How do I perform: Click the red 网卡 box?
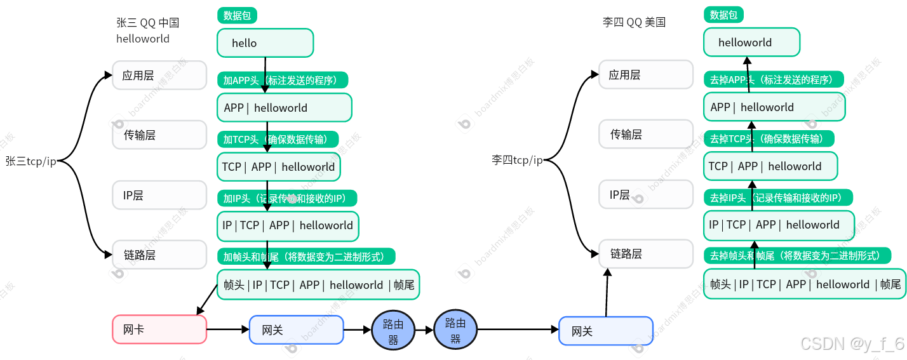pyautogui.click(x=159, y=330)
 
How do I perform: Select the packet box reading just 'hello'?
pyautogui.click(x=265, y=43)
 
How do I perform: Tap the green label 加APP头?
pyautogui.click(x=285, y=80)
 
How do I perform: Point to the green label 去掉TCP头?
pyautogui.click(x=768, y=138)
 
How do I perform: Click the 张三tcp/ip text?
pyautogui.click(x=31, y=161)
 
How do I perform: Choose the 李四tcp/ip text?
pyautogui.click(x=517, y=160)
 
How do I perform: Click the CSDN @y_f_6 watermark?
pyautogui.click(x=850, y=343)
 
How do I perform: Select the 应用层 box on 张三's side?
pyautogui.click(x=159, y=76)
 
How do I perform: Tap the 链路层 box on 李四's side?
pyautogui.click(x=646, y=254)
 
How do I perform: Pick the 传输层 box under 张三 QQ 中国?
pyautogui.click(x=159, y=135)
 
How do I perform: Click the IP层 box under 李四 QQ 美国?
pyautogui.click(x=646, y=194)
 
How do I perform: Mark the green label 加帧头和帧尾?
pyautogui.click(x=306, y=257)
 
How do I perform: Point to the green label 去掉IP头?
pyautogui.click(x=777, y=197)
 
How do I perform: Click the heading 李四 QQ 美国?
pyautogui.click(x=633, y=22)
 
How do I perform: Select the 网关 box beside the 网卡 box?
pyautogui.click(x=296, y=330)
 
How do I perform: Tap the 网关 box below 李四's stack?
pyautogui.click(x=605, y=331)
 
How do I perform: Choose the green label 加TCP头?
pyautogui.click(x=279, y=139)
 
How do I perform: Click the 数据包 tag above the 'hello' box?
pyautogui.click(x=237, y=16)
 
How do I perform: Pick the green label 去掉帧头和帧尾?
pyautogui.click(x=796, y=255)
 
